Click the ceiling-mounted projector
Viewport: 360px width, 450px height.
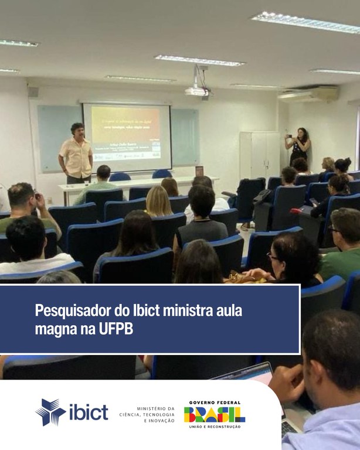click(x=197, y=91)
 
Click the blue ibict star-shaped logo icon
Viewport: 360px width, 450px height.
click(x=50, y=412)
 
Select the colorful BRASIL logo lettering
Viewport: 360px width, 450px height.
click(x=215, y=415)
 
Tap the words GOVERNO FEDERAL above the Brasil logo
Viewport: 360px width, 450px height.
click(x=215, y=403)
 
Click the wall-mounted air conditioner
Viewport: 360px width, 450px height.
click(x=308, y=94)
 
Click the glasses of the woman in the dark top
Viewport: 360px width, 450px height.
click(x=273, y=257)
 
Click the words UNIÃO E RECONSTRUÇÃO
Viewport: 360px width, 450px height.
click(x=215, y=427)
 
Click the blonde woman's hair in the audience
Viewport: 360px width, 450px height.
click(x=158, y=199)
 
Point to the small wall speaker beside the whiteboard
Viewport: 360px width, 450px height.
click(x=33, y=92)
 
